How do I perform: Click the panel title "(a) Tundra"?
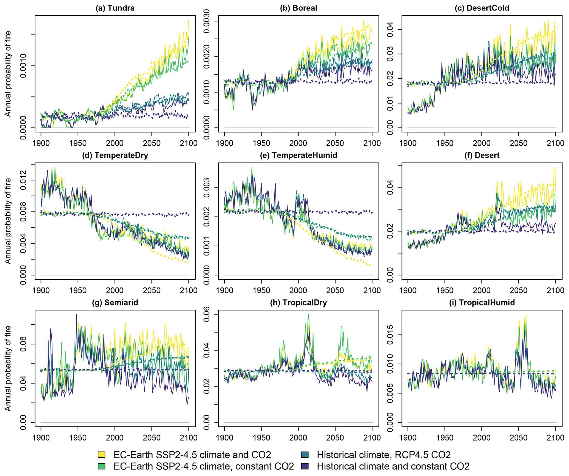click(x=115, y=8)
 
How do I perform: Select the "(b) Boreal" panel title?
click(x=298, y=8)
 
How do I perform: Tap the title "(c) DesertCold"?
click(x=482, y=8)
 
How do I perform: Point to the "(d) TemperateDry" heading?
click(x=115, y=155)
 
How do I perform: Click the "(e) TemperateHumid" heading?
click(x=298, y=155)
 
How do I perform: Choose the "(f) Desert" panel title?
click(x=482, y=155)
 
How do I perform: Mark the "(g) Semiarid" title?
click(x=115, y=302)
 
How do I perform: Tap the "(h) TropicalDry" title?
click(x=298, y=302)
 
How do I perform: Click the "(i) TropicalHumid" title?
click(x=482, y=302)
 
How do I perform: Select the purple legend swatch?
click(x=305, y=466)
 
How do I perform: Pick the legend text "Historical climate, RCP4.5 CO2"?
click(x=384, y=455)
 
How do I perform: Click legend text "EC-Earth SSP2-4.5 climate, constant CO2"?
click(x=204, y=466)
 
